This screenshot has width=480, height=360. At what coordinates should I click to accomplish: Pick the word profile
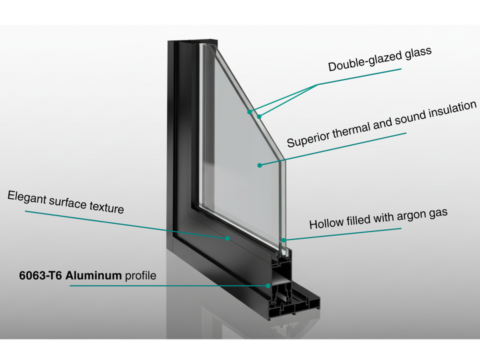point(140,275)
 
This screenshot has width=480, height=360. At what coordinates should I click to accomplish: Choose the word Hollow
point(323,223)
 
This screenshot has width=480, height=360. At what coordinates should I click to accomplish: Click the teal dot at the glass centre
point(259,164)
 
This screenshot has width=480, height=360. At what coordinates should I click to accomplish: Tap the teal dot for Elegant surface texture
point(227,238)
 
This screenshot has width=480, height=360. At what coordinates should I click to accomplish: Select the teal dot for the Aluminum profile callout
point(268,285)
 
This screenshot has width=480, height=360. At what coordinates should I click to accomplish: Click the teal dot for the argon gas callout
point(284,240)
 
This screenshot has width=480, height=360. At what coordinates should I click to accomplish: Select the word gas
point(437,213)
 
